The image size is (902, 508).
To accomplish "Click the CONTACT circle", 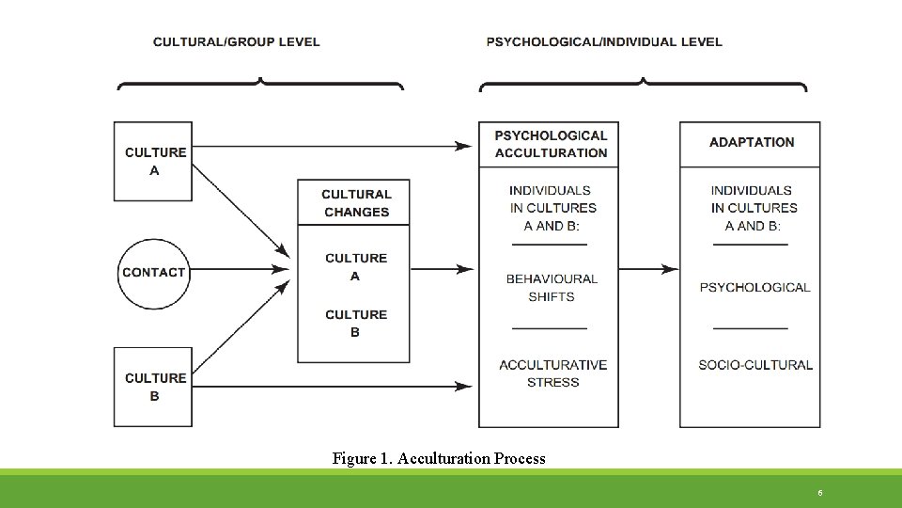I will pyautogui.click(x=154, y=273).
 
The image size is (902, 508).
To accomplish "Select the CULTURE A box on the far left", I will pyautogui.click(x=154, y=161).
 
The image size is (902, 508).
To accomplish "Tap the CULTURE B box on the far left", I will pyautogui.click(x=154, y=387).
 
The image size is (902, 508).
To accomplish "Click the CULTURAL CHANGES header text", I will pyautogui.click(x=356, y=203).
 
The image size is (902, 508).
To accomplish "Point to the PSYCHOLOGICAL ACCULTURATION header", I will pyautogui.click(x=551, y=144).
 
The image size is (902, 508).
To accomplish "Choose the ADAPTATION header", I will pyautogui.click(x=751, y=142).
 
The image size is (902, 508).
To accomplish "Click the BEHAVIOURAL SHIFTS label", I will pyautogui.click(x=552, y=287).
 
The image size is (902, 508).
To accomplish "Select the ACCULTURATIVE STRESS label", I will pyautogui.click(x=552, y=373).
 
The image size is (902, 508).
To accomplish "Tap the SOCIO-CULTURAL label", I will pyautogui.click(x=755, y=365).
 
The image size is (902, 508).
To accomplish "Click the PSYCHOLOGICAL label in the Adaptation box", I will pyautogui.click(x=754, y=287).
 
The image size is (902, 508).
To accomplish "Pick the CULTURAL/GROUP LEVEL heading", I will pyautogui.click(x=236, y=41).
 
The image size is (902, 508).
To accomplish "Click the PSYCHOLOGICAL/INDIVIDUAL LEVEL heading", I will pyautogui.click(x=604, y=41).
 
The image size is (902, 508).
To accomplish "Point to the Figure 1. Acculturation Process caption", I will pyautogui.click(x=439, y=459).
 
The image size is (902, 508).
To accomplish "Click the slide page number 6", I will pyautogui.click(x=820, y=492).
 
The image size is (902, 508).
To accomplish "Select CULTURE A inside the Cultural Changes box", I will pyautogui.click(x=356, y=266).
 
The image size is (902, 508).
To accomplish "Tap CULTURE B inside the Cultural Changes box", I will pyautogui.click(x=356, y=323).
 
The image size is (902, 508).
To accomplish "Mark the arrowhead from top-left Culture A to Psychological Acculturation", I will pyautogui.click(x=463, y=146).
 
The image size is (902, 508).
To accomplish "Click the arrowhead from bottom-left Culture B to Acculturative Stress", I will pyautogui.click(x=463, y=386).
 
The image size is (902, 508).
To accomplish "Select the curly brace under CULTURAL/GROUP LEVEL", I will pyautogui.click(x=260, y=83).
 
